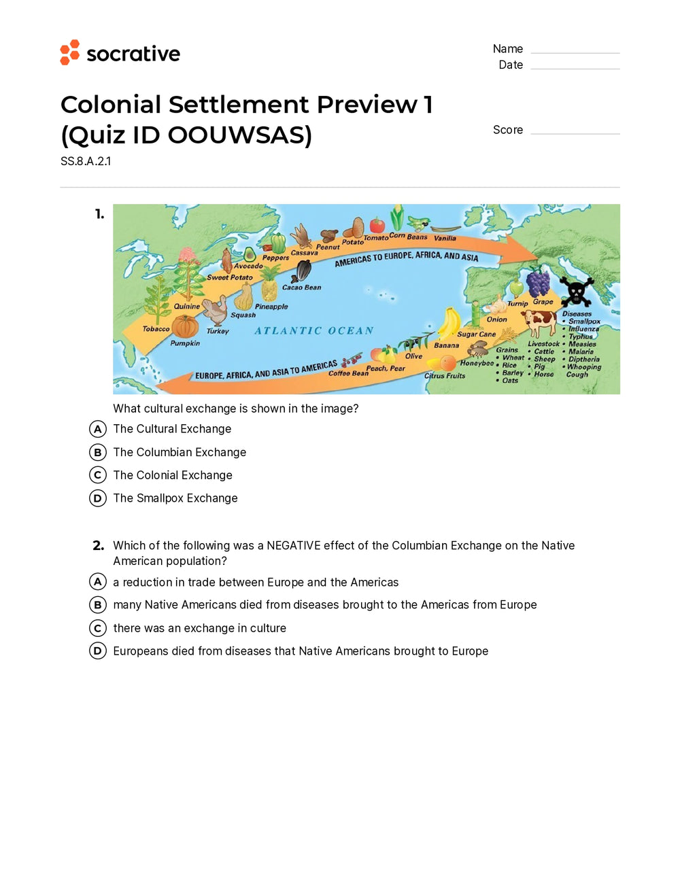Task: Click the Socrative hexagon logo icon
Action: pos(70,52)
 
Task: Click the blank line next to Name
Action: pos(575,52)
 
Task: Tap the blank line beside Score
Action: pos(575,133)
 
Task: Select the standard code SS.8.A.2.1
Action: pos(86,162)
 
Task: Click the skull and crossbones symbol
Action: pos(577,292)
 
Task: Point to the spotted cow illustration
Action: pos(539,322)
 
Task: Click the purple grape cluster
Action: pos(538,283)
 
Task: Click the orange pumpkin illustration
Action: pos(185,327)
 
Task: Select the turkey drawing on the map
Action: pos(216,311)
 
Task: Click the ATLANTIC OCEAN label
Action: pos(314,331)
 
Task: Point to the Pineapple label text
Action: pos(271,307)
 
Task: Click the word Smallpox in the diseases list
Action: pos(584,322)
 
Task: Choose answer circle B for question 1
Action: pos(98,452)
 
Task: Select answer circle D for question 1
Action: pos(98,498)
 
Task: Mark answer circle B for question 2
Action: pos(98,605)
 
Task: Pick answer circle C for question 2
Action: pos(98,628)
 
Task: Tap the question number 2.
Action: pos(99,545)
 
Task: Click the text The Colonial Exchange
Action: pos(173,475)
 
